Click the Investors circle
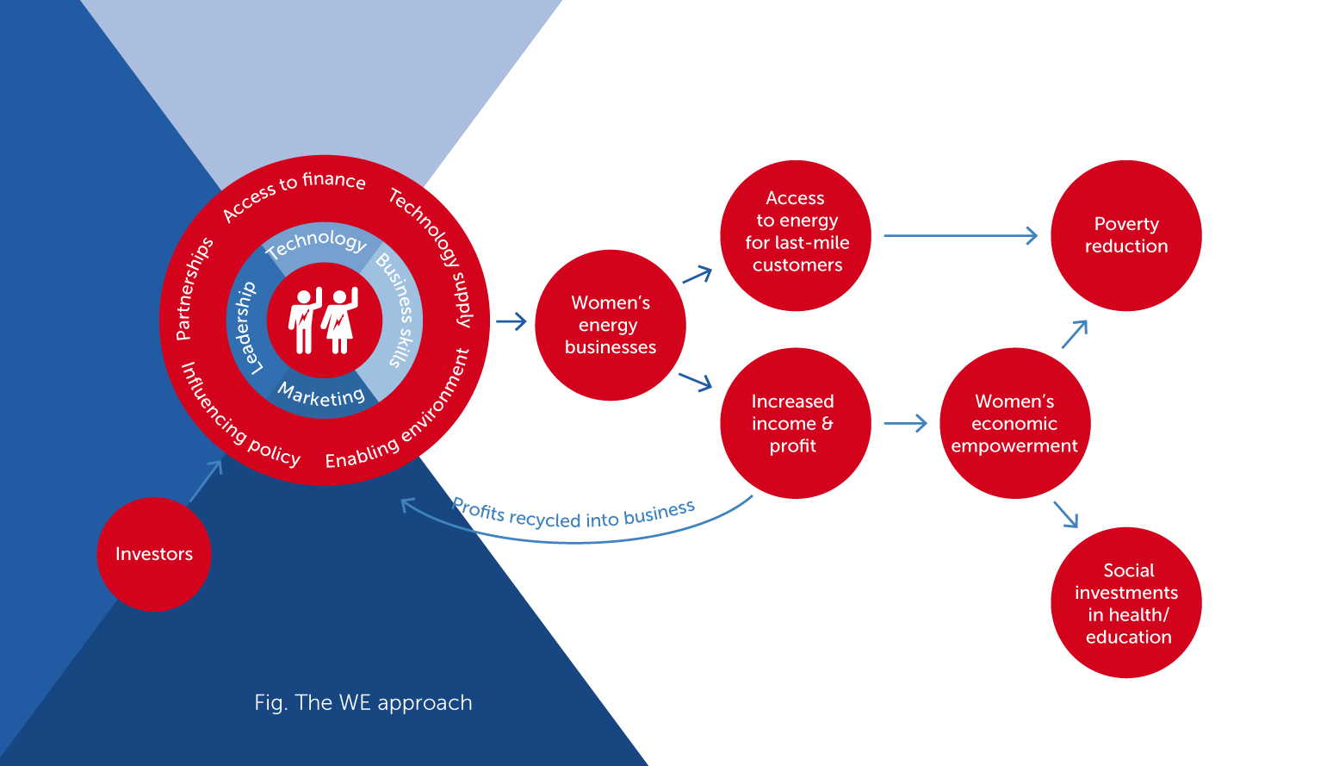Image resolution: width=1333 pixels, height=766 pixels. pos(154,554)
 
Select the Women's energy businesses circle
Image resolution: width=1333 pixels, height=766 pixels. pos(611,325)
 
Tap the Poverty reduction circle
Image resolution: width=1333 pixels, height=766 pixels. pos(1126,235)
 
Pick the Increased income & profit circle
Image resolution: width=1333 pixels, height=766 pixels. pos(796,423)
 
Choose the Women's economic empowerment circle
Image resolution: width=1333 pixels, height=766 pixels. pos(1015,423)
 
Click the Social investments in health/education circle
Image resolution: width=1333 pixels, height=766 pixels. pos(1126,602)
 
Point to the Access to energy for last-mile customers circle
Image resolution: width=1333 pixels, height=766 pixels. pos(796,235)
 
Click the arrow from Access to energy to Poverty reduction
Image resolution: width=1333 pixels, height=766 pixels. pos(960,235)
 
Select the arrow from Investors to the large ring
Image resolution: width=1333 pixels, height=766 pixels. pos(206,482)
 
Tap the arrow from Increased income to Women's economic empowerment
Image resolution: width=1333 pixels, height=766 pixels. pos(906,423)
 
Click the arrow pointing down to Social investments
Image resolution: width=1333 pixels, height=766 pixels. pos(1066,514)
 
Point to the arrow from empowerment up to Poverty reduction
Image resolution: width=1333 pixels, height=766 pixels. pos(1075,334)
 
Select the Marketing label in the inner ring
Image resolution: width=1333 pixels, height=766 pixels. pos(321,395)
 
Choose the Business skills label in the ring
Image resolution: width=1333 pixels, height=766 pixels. pos(396,309)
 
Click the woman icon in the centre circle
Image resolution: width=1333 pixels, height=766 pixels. pos(340,321)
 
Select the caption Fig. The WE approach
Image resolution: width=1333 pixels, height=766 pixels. pos(363,703)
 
